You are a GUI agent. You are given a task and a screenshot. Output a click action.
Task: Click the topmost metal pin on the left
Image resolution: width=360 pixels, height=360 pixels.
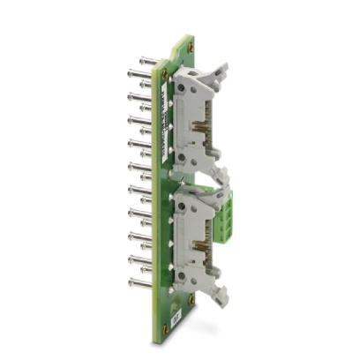tap(146, 62)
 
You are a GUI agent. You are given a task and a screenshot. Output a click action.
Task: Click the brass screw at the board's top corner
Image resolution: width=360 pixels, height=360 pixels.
tap(189, 46)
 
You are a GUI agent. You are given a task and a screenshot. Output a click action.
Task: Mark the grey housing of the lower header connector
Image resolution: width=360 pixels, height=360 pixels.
tap(190, 234)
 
